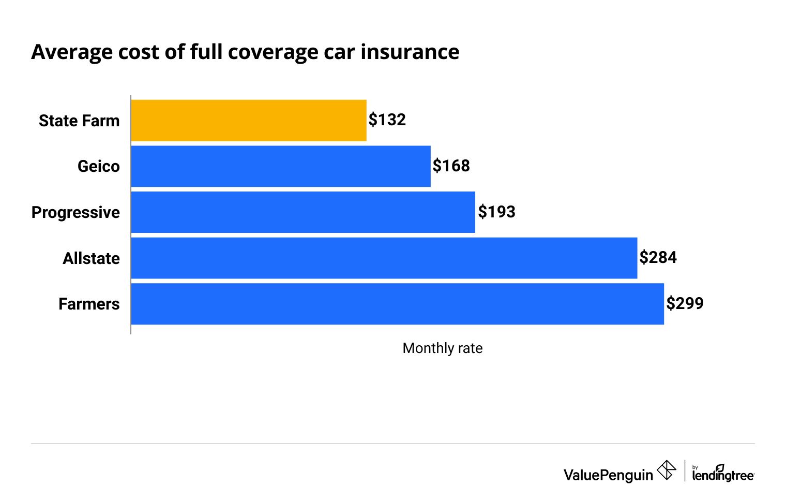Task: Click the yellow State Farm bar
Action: click(x=249, y=121)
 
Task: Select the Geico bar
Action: click(x=281, y=166)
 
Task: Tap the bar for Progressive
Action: click(x=303, y=212)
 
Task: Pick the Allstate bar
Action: click(x=384, y=258)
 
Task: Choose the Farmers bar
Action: click(x=397, y=304)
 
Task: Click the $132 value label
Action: click(x=387, y=120)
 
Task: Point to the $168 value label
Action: click(x=451, y=166)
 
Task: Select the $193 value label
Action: click(x=496, y=212)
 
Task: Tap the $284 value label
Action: click(x=658, y=258)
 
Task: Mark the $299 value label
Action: click(x=685, y=303)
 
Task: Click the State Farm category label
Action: click(x=79, y=121)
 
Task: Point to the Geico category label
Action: click(x=98, y=167)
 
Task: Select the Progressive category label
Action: click(x=75, y=213)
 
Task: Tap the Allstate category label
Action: click(x=91, y=258)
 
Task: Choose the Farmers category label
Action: click(x=89, y=304)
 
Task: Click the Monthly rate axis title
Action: click(x=442, y=348)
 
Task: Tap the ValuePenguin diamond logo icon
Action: click(x=666, y=470)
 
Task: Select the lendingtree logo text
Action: click(x=723, y=474)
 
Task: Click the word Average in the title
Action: click(x=72, y=52)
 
